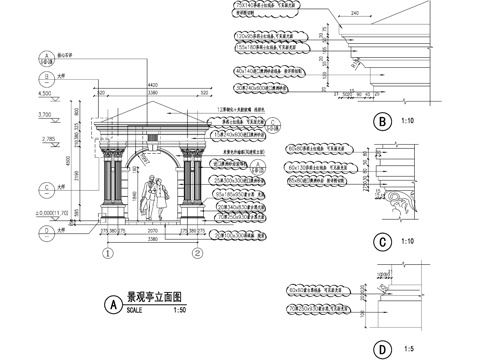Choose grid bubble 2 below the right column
197,253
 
